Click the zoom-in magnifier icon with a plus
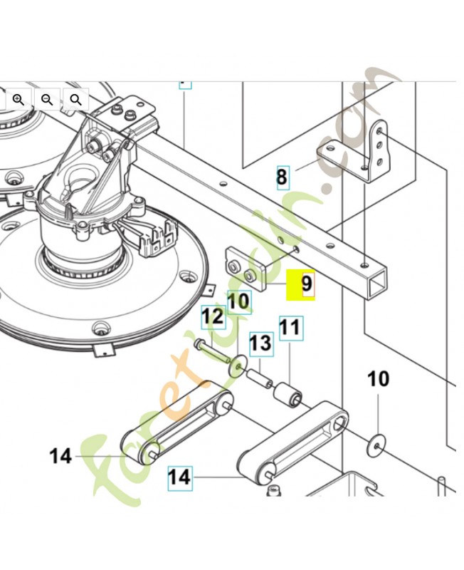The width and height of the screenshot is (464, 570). pos(19,99)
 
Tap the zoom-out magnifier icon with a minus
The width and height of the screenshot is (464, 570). pos(47,99)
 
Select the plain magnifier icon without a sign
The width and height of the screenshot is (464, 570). pos(75,99)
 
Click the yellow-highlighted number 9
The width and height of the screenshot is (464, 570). pos(302,284)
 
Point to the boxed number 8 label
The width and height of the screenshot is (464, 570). pos(283,177)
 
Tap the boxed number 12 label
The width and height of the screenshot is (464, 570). pos(213,316)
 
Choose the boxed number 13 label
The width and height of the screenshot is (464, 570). pos(260,343)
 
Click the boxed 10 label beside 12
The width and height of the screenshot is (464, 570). pos(239,301)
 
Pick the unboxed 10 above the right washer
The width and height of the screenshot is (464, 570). pos(379,378)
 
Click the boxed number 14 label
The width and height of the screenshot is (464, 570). pos(180,476)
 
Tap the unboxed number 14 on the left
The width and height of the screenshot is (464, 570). pos(61,455)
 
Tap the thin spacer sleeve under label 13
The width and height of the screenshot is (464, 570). pos(260,378)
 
